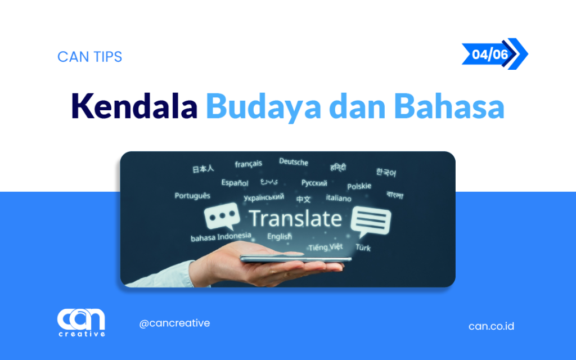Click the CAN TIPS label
[x=89, y=57]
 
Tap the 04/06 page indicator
[x=490, y=54]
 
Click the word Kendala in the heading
[x=134, y=106]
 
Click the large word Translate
[x=295, y=218]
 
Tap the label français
[x=248, y=164]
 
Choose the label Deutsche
[x=294, y=162]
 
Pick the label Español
[x=235, y=183]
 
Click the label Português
[x=192, y=196]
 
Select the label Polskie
[x=359, y=186]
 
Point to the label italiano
[x=339, y=198]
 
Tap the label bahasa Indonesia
[x=220, y=237]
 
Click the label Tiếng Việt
[x=325, y=247]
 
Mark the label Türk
[x=363, y=247]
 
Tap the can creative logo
[x=81, y=322]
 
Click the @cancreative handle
[x=174, y=323]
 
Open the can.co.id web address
[x=491, y=326]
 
